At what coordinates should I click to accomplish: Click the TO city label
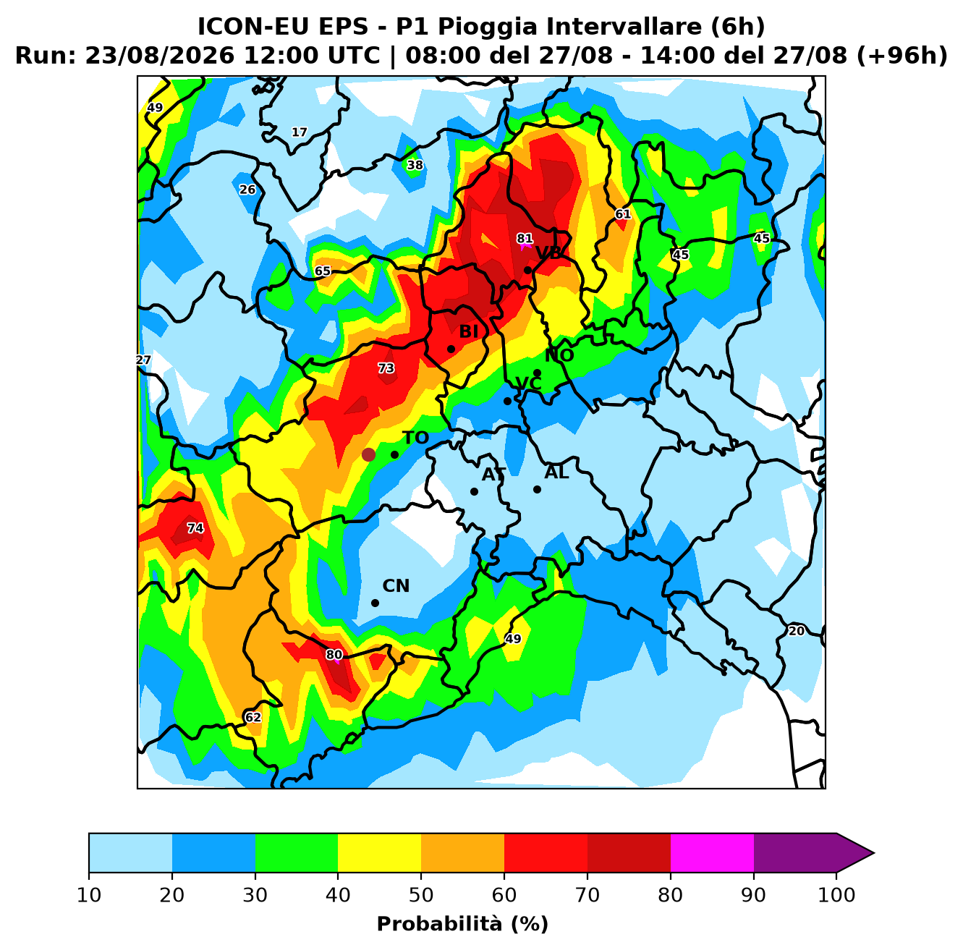(416, 438)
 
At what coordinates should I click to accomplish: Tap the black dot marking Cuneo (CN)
(375, 603)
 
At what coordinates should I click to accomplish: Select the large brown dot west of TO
(368, 454)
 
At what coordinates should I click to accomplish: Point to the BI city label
(468, 331)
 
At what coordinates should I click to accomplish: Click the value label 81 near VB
(525, 239)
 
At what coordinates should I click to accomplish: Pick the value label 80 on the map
(334, 655)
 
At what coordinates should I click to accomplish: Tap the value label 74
(195, 528)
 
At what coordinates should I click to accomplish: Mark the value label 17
(300, 132)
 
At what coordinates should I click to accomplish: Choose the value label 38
(415, 165)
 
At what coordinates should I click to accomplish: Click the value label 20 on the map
(797, 631)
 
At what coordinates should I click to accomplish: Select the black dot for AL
(537, 490)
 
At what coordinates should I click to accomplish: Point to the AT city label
(493, 475)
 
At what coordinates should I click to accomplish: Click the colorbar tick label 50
(421, 895)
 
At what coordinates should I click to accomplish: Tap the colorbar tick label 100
(836, 895)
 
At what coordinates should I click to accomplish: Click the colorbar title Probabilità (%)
(462, 924)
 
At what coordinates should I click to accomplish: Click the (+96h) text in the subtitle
(902, 56)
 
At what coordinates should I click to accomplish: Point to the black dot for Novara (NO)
(537, 373)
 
